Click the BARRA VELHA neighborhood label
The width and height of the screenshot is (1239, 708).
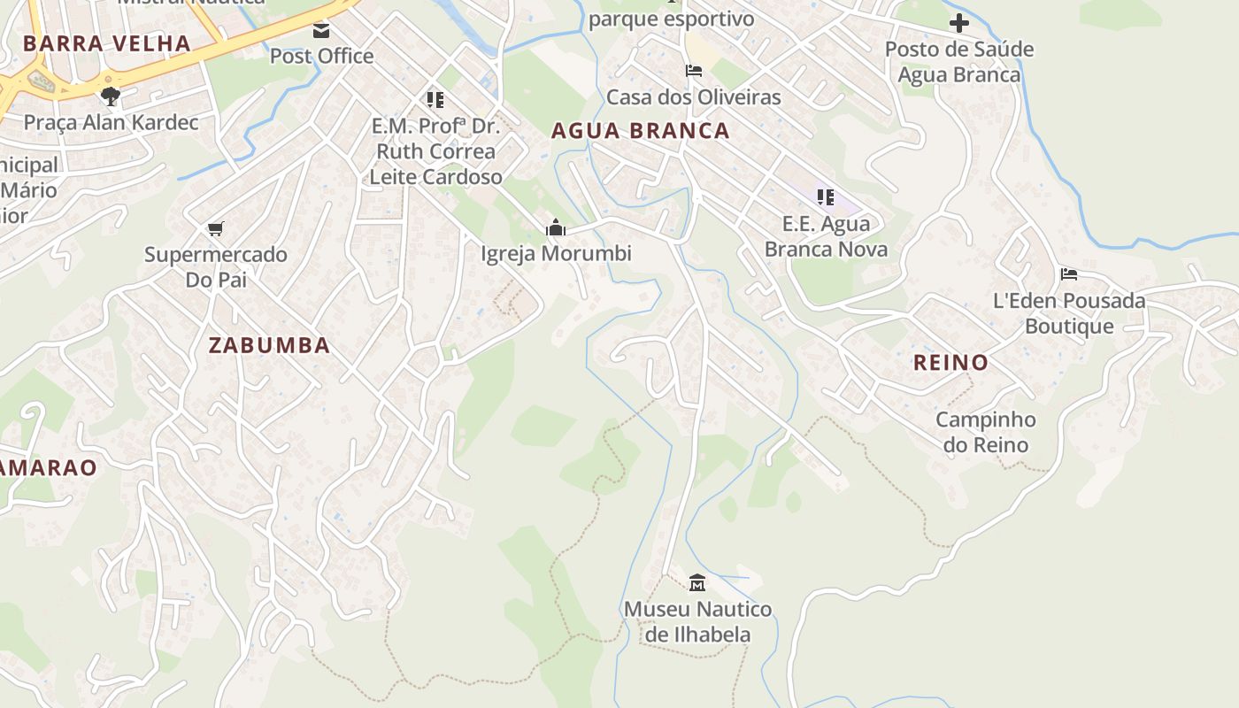(x=107, y=43)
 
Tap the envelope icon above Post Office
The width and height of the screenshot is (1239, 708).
(x=321, y=31)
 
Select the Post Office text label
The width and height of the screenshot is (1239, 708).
(x=321, y=56)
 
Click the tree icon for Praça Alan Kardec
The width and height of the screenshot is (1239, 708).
(x=111, y=96)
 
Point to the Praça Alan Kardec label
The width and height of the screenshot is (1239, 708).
(x=111, y=122)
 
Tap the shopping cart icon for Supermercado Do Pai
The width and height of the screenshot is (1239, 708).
(x=215, y=229)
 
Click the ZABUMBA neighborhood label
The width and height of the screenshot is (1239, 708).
(x=269, y=345)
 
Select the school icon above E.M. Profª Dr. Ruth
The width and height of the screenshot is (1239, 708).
(x=435, y=99)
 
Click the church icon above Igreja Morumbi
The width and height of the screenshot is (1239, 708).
(x=556, y=228)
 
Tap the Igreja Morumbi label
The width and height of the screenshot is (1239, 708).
(x=556, y=254)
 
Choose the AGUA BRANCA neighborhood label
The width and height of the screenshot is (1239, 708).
(x=640, y=131)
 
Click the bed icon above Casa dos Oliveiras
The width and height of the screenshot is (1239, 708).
(x=693, y=71)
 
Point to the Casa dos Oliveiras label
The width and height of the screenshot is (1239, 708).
(x=693, y=96)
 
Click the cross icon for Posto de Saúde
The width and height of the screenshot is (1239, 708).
(x=958, y=23)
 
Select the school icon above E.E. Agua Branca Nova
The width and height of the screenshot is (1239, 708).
(x=826, y=197)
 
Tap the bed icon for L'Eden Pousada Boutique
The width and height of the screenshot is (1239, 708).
(x=1069, y=274)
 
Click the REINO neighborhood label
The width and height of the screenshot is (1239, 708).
(x=950, y=362)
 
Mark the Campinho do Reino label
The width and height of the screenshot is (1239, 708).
(x=985, y=432)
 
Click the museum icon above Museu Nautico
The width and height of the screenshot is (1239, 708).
(x=697, y=582)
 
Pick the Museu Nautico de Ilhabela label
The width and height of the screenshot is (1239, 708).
(x=697, y=621)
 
